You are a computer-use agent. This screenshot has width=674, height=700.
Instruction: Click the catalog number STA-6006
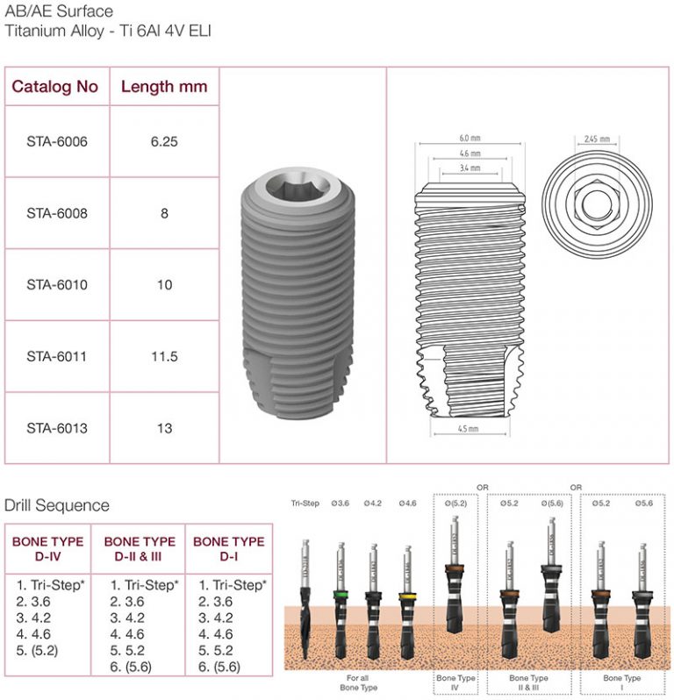[x=57, y=141]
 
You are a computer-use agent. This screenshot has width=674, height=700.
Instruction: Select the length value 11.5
[x=164, y=357]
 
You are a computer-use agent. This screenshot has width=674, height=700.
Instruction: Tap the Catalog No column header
[x=54, y=87]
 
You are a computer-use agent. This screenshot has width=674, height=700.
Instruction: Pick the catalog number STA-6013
[x=57, y=429]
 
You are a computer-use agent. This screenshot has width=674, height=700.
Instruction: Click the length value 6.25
[x=164, y=141]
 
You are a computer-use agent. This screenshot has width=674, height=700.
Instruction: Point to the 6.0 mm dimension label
[x=470, y=138]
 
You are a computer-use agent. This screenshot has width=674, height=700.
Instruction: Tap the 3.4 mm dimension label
[x=470, y=167]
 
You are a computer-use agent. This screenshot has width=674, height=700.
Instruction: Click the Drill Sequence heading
[x=57, y=505]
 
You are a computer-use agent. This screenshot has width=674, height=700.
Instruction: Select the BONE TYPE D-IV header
[x=48, y=548]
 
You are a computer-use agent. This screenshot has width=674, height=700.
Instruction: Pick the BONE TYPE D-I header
[x=228, y=548]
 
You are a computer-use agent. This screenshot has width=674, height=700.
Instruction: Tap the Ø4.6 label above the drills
[x=407, y=504]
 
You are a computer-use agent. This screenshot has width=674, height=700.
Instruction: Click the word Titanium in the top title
[x=35, y=31]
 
